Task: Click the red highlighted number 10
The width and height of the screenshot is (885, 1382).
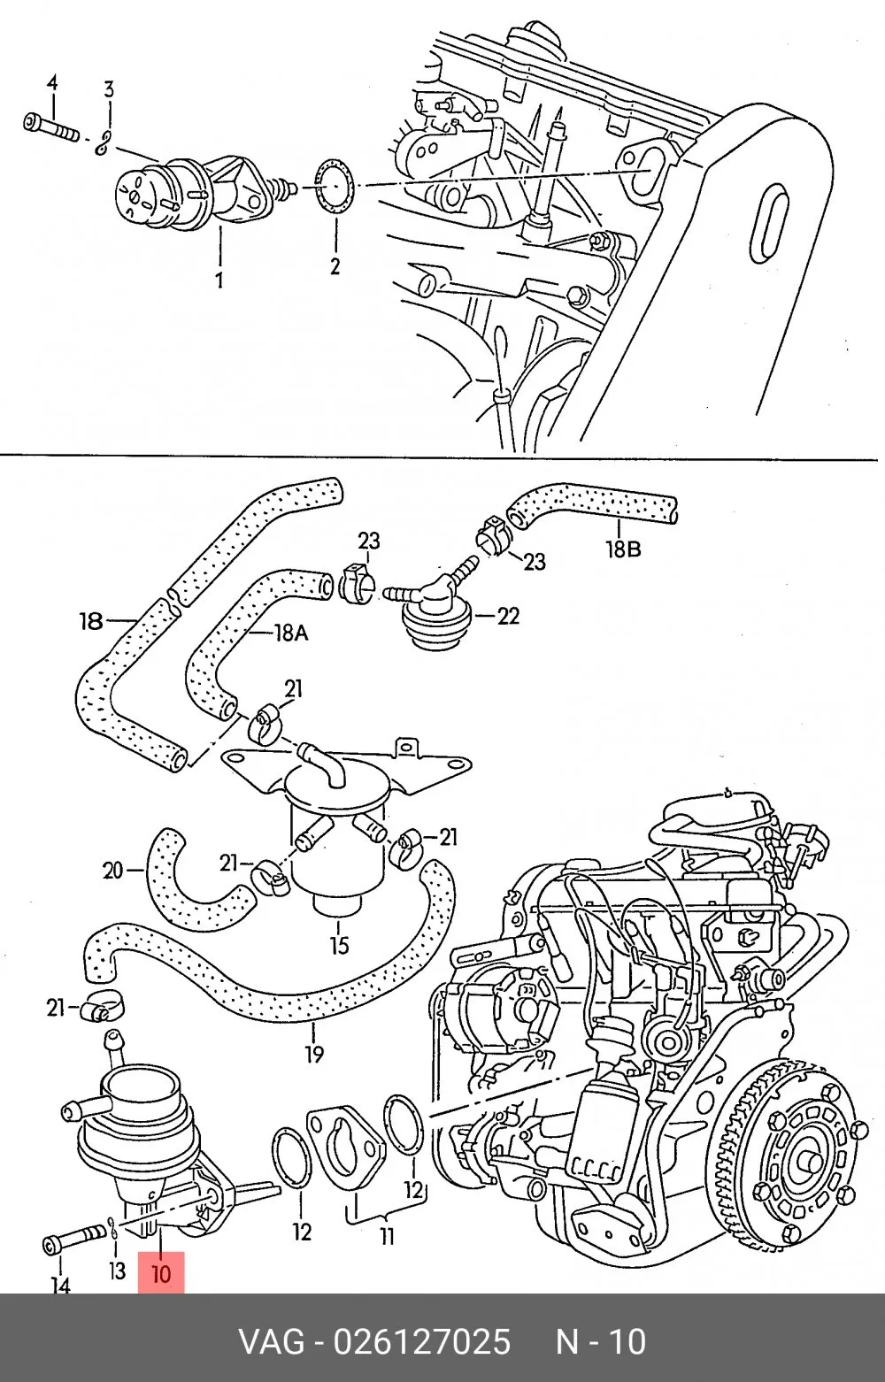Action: point(160,1273)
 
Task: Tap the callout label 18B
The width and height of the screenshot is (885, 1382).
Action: point(623,549)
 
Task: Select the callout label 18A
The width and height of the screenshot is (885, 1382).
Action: point(290,633)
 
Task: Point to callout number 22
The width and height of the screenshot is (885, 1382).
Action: point(507,616)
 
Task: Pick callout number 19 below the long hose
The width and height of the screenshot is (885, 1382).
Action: point(314,1055)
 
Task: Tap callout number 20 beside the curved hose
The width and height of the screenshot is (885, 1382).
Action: point(113,871)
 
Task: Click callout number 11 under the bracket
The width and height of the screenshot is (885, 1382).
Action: point(387,1236)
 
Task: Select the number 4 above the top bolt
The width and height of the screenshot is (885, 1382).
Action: point(52,82)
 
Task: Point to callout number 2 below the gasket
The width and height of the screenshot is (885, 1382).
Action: point(335,266)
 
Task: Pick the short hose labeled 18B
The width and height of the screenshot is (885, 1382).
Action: point(590,507)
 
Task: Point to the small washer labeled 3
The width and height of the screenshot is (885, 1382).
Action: point(104,142)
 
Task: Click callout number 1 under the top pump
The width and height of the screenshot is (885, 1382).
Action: point(219,280)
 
